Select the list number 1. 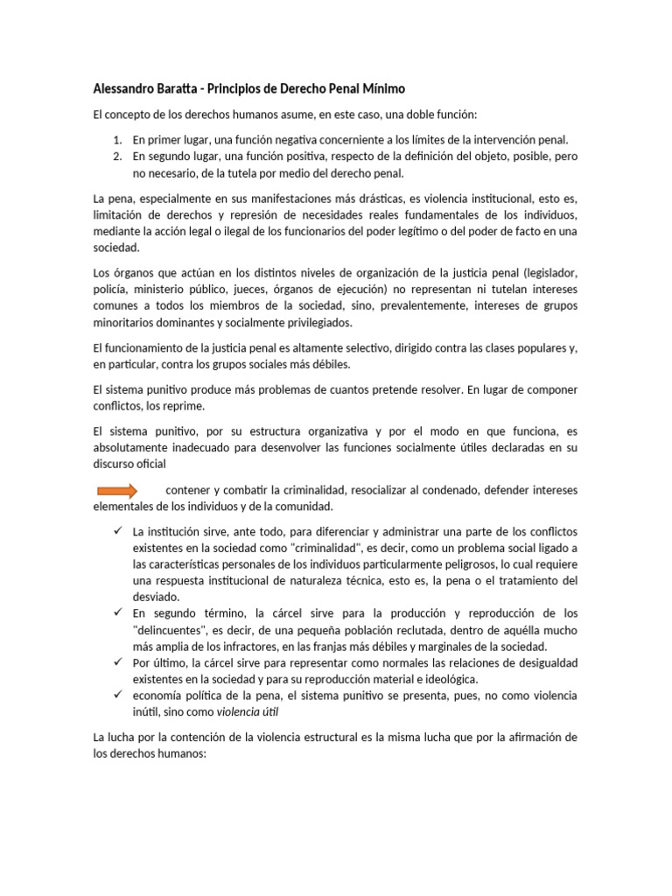point(117,140)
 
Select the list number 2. point(117,157)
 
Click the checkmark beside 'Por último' point(116,663)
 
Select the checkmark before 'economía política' point(116,696)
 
